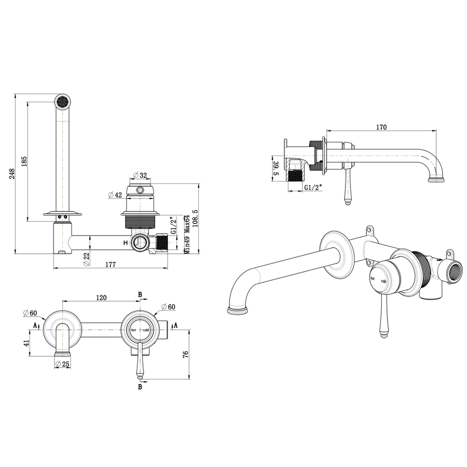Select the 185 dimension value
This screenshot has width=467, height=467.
(25, 161)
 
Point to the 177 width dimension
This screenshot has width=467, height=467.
(110, 264)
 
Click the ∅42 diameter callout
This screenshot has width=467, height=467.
(115, 195)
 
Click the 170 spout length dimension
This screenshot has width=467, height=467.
(381, 127)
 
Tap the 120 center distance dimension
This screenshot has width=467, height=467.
(102, 297)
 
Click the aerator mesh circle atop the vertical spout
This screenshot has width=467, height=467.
(62, 101)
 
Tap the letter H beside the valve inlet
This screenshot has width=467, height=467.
(125, 243)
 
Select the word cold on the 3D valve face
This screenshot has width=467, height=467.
(383, 281)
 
